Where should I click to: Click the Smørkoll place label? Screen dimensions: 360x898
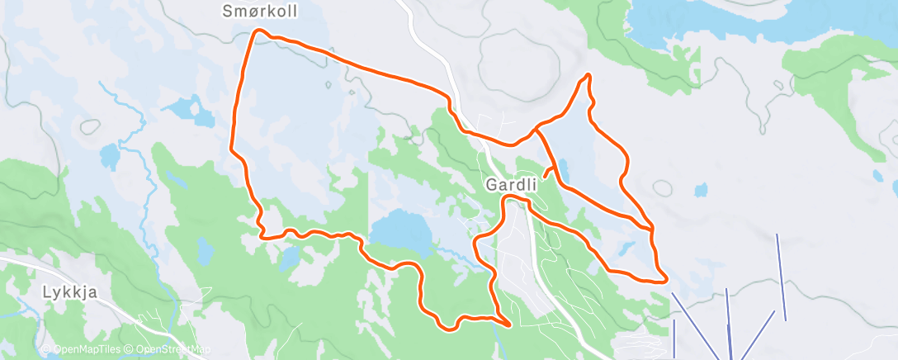click(259, 12)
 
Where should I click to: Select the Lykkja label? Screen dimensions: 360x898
click(64, 291)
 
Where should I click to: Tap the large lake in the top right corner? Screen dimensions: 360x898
click(743, 21)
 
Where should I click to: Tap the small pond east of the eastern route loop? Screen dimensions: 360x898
click(701, 190)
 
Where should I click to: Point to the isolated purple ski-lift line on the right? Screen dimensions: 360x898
click(781, 277)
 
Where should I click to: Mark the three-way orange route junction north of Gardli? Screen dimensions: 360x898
click(536, 130)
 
